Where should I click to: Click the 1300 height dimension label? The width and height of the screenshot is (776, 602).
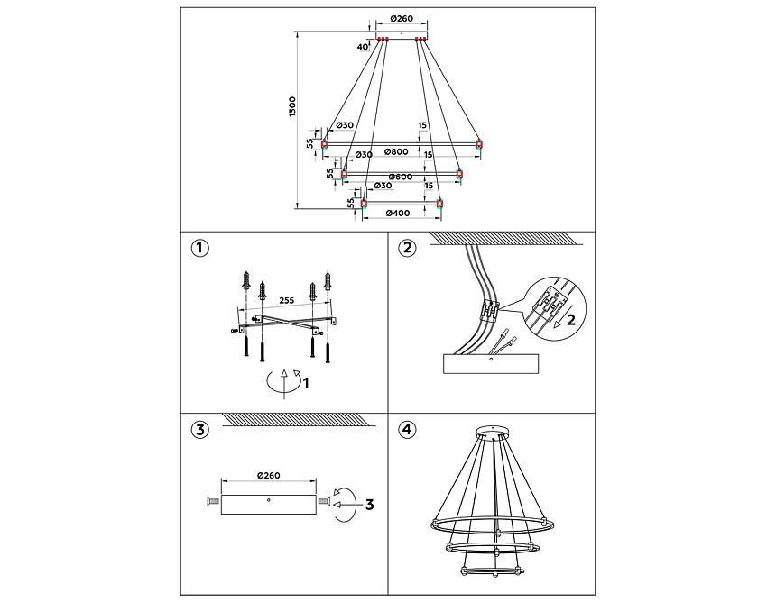(x=291, y=106)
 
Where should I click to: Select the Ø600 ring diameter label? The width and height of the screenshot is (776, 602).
(x=400, y=177)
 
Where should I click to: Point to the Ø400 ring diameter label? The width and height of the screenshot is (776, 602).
(x=398, y=214)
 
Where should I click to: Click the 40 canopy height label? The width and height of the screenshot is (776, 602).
(x=362, y=46)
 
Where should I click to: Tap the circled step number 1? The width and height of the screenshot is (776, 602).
(x=201, y=248)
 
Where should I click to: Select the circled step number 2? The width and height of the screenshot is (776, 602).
(x=409, y=248)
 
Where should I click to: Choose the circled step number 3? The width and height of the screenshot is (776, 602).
(x=201, y=429)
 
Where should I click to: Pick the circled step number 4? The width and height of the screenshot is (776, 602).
(x=409, y=429)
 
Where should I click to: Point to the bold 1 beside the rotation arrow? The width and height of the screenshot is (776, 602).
(x=306, y=383)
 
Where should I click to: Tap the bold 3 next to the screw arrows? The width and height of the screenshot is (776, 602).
(x=368, y=505)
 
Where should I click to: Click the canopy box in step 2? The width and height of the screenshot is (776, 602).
(x=490, y=363)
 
